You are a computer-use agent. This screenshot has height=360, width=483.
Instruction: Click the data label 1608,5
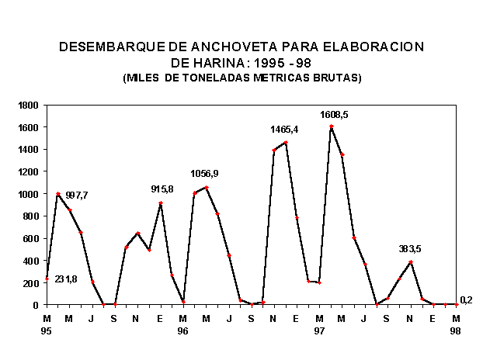334,115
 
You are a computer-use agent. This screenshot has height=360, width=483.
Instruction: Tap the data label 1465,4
284,129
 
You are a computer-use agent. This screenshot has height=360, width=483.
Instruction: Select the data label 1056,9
205,173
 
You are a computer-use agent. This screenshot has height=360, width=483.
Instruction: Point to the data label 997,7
77,196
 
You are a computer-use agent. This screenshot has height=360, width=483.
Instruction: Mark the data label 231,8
66,279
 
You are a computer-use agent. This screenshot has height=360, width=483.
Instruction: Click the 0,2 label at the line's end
466,299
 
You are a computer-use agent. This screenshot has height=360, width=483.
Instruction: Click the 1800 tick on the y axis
28,105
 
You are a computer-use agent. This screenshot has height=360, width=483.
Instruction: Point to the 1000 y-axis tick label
28,194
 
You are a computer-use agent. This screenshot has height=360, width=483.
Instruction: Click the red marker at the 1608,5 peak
331,126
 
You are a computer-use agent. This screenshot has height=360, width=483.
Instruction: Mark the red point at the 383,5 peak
411,262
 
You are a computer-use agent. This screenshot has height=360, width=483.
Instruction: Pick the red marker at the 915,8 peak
161,203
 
